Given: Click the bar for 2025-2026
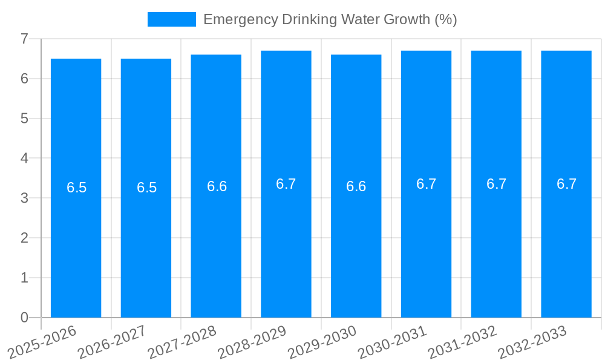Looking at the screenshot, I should (76, 242).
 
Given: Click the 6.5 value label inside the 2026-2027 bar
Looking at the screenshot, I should (146, 188).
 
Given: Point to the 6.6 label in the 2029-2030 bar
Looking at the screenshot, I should (356, 186).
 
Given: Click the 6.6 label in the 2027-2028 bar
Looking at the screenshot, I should (217, 186).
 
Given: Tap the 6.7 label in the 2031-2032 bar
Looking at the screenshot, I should (496, 184).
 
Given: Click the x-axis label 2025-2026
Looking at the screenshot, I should (43, 341).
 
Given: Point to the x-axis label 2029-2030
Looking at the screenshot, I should (322, 341).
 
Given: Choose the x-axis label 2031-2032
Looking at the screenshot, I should (463, 341).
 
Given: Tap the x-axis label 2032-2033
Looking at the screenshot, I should (533, 341).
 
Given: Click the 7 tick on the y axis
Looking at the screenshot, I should (24, 39).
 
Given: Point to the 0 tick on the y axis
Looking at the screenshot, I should (24, 318).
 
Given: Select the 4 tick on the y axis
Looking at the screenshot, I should (24, 158).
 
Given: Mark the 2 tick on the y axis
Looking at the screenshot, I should (24, 238).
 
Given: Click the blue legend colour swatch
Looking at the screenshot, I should (172, 19).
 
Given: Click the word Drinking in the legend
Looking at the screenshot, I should (308, 19).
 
